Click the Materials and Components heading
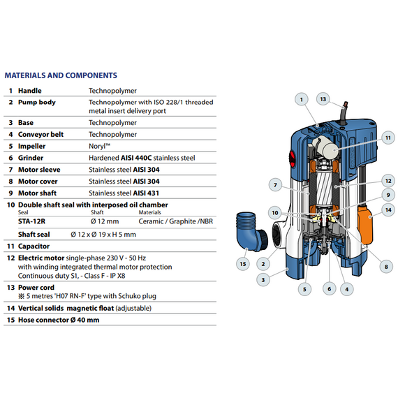coord(61,75)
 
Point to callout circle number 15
coord(243,263)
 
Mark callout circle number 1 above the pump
coord(302,100)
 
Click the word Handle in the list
coord(29,91)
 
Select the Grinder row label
coord(31,158)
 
